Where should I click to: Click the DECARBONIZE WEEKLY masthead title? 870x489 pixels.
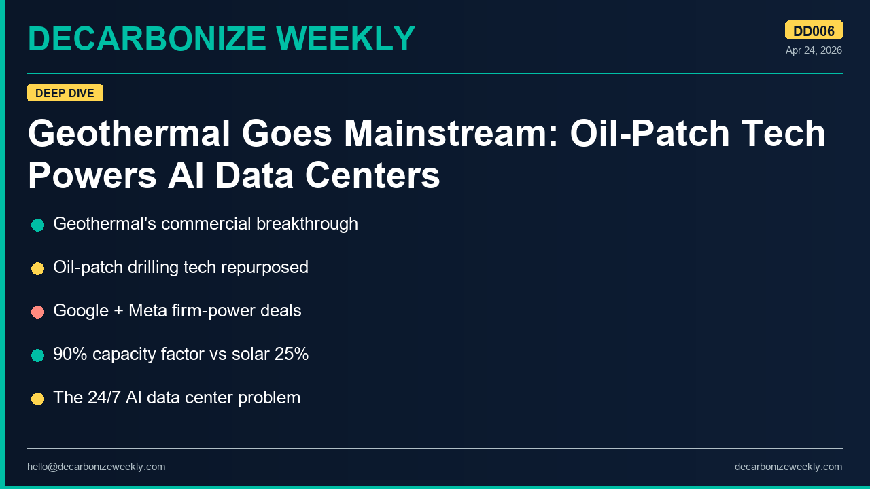click(x=221, y=39)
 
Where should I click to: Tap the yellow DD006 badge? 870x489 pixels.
click(x=814, y=31)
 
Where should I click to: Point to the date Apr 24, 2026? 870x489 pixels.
click(x=814, y=50)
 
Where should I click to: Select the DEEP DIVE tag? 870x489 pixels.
click(x=65, y=93)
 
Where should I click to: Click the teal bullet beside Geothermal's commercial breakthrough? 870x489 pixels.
click(x=37, y=225)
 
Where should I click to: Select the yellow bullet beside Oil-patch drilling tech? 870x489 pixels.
click(x=37, y=268)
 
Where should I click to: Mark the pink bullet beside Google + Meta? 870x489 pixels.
click(x=37, y=312)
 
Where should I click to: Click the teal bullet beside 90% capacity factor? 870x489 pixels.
click(x=37, y=355)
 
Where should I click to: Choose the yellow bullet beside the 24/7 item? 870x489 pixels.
click(x=37, y=399)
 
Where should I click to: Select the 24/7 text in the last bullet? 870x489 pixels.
click(x=104, y=398)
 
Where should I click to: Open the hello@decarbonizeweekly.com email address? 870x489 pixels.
click(x=96, y=467)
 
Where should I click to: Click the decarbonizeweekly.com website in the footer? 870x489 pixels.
click(x=788, y=467)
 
